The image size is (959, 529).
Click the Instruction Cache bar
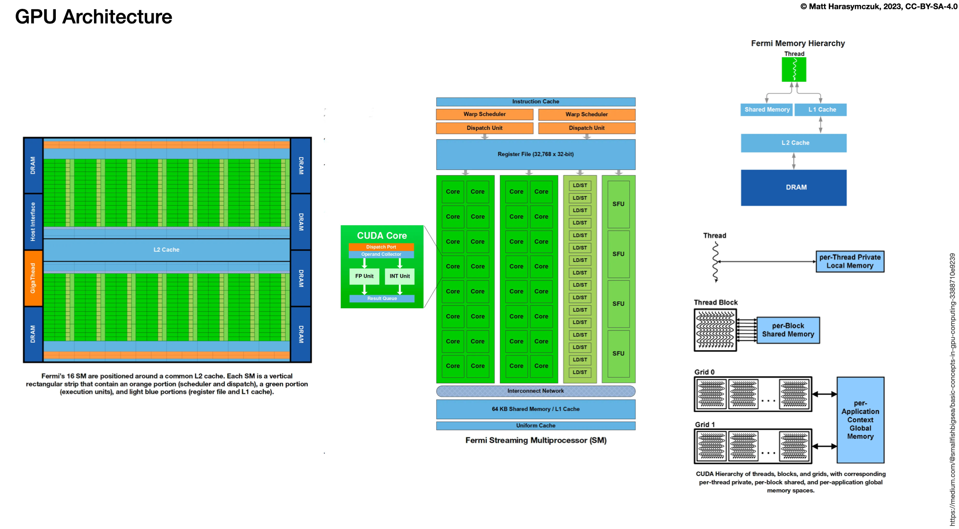(535, 101)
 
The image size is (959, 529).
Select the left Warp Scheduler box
(484, 114)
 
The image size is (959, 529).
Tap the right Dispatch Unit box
(586, 128)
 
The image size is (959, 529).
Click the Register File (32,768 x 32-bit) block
(535, 154)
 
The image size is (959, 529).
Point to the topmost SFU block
(618, 204)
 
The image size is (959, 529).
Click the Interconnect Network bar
(535, 391)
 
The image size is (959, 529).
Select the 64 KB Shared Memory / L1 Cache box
(535, 409)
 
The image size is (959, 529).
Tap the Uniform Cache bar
(535, 426)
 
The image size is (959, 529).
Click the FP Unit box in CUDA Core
(364, 276)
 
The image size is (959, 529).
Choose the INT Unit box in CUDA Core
(399, 276)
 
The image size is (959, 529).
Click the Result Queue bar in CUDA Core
(382, 298)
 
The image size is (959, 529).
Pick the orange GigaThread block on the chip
(33, 278)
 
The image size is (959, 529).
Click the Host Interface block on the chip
(33, 221)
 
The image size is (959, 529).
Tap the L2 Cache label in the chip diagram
(166, 250)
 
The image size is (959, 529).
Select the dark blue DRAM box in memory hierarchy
(793, 188)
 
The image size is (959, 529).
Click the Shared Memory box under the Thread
(767, 110)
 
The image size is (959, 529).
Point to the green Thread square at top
(794, 70)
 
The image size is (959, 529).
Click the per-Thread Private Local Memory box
(849, 262)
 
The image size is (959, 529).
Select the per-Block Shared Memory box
(788, 330)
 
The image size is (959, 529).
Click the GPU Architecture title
(93, 17)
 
